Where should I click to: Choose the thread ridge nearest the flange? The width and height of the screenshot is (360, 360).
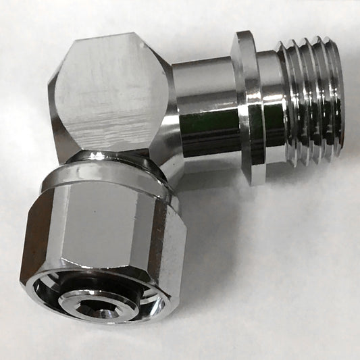pyautogui.click(x=289, y=101)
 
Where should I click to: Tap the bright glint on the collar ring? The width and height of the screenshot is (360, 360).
pyautogui.click(x=94, y=156)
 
